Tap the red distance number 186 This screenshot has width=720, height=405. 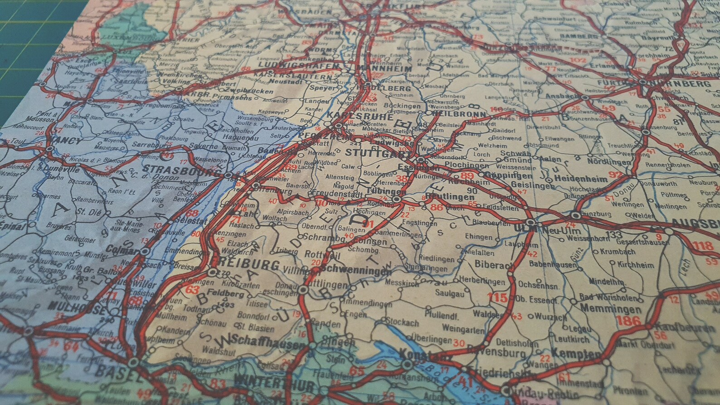pos(628,322)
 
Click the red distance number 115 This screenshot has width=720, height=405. pos(497,298)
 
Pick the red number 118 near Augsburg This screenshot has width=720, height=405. pos(703,246)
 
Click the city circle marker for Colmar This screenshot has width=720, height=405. pos(145,251)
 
